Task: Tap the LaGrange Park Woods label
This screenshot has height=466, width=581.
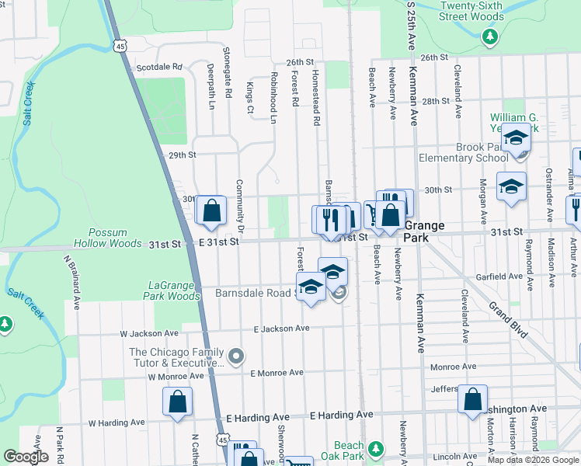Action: point(172,290)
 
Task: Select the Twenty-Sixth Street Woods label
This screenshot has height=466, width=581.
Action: point(471,10)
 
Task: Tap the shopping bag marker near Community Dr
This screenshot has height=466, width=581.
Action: point(210,210)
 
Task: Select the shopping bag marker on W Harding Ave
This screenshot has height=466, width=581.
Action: point(178,402)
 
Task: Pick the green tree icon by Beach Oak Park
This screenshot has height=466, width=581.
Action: point(376,449)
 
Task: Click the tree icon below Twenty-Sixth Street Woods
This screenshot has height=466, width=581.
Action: point(489,36)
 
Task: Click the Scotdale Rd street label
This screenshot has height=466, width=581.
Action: point(158,68)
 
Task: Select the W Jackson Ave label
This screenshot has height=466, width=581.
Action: point(148,333)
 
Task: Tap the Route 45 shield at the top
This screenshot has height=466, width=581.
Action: point(120,47)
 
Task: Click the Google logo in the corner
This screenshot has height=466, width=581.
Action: point(26,457)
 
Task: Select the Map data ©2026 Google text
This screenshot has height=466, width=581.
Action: point(533,460)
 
